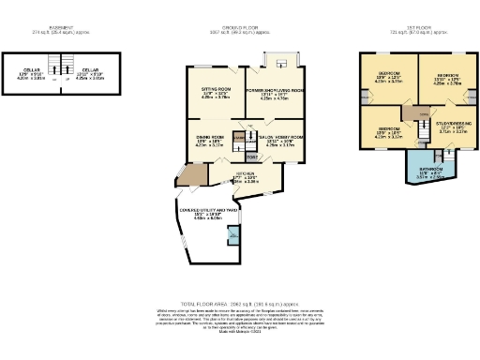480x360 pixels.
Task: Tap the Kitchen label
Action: (x=246, y=178)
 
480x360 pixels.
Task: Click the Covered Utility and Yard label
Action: (x=208, y=214)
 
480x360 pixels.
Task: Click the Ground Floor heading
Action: (x=239, y=28)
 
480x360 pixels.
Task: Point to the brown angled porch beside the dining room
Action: (x=192, y=175)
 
